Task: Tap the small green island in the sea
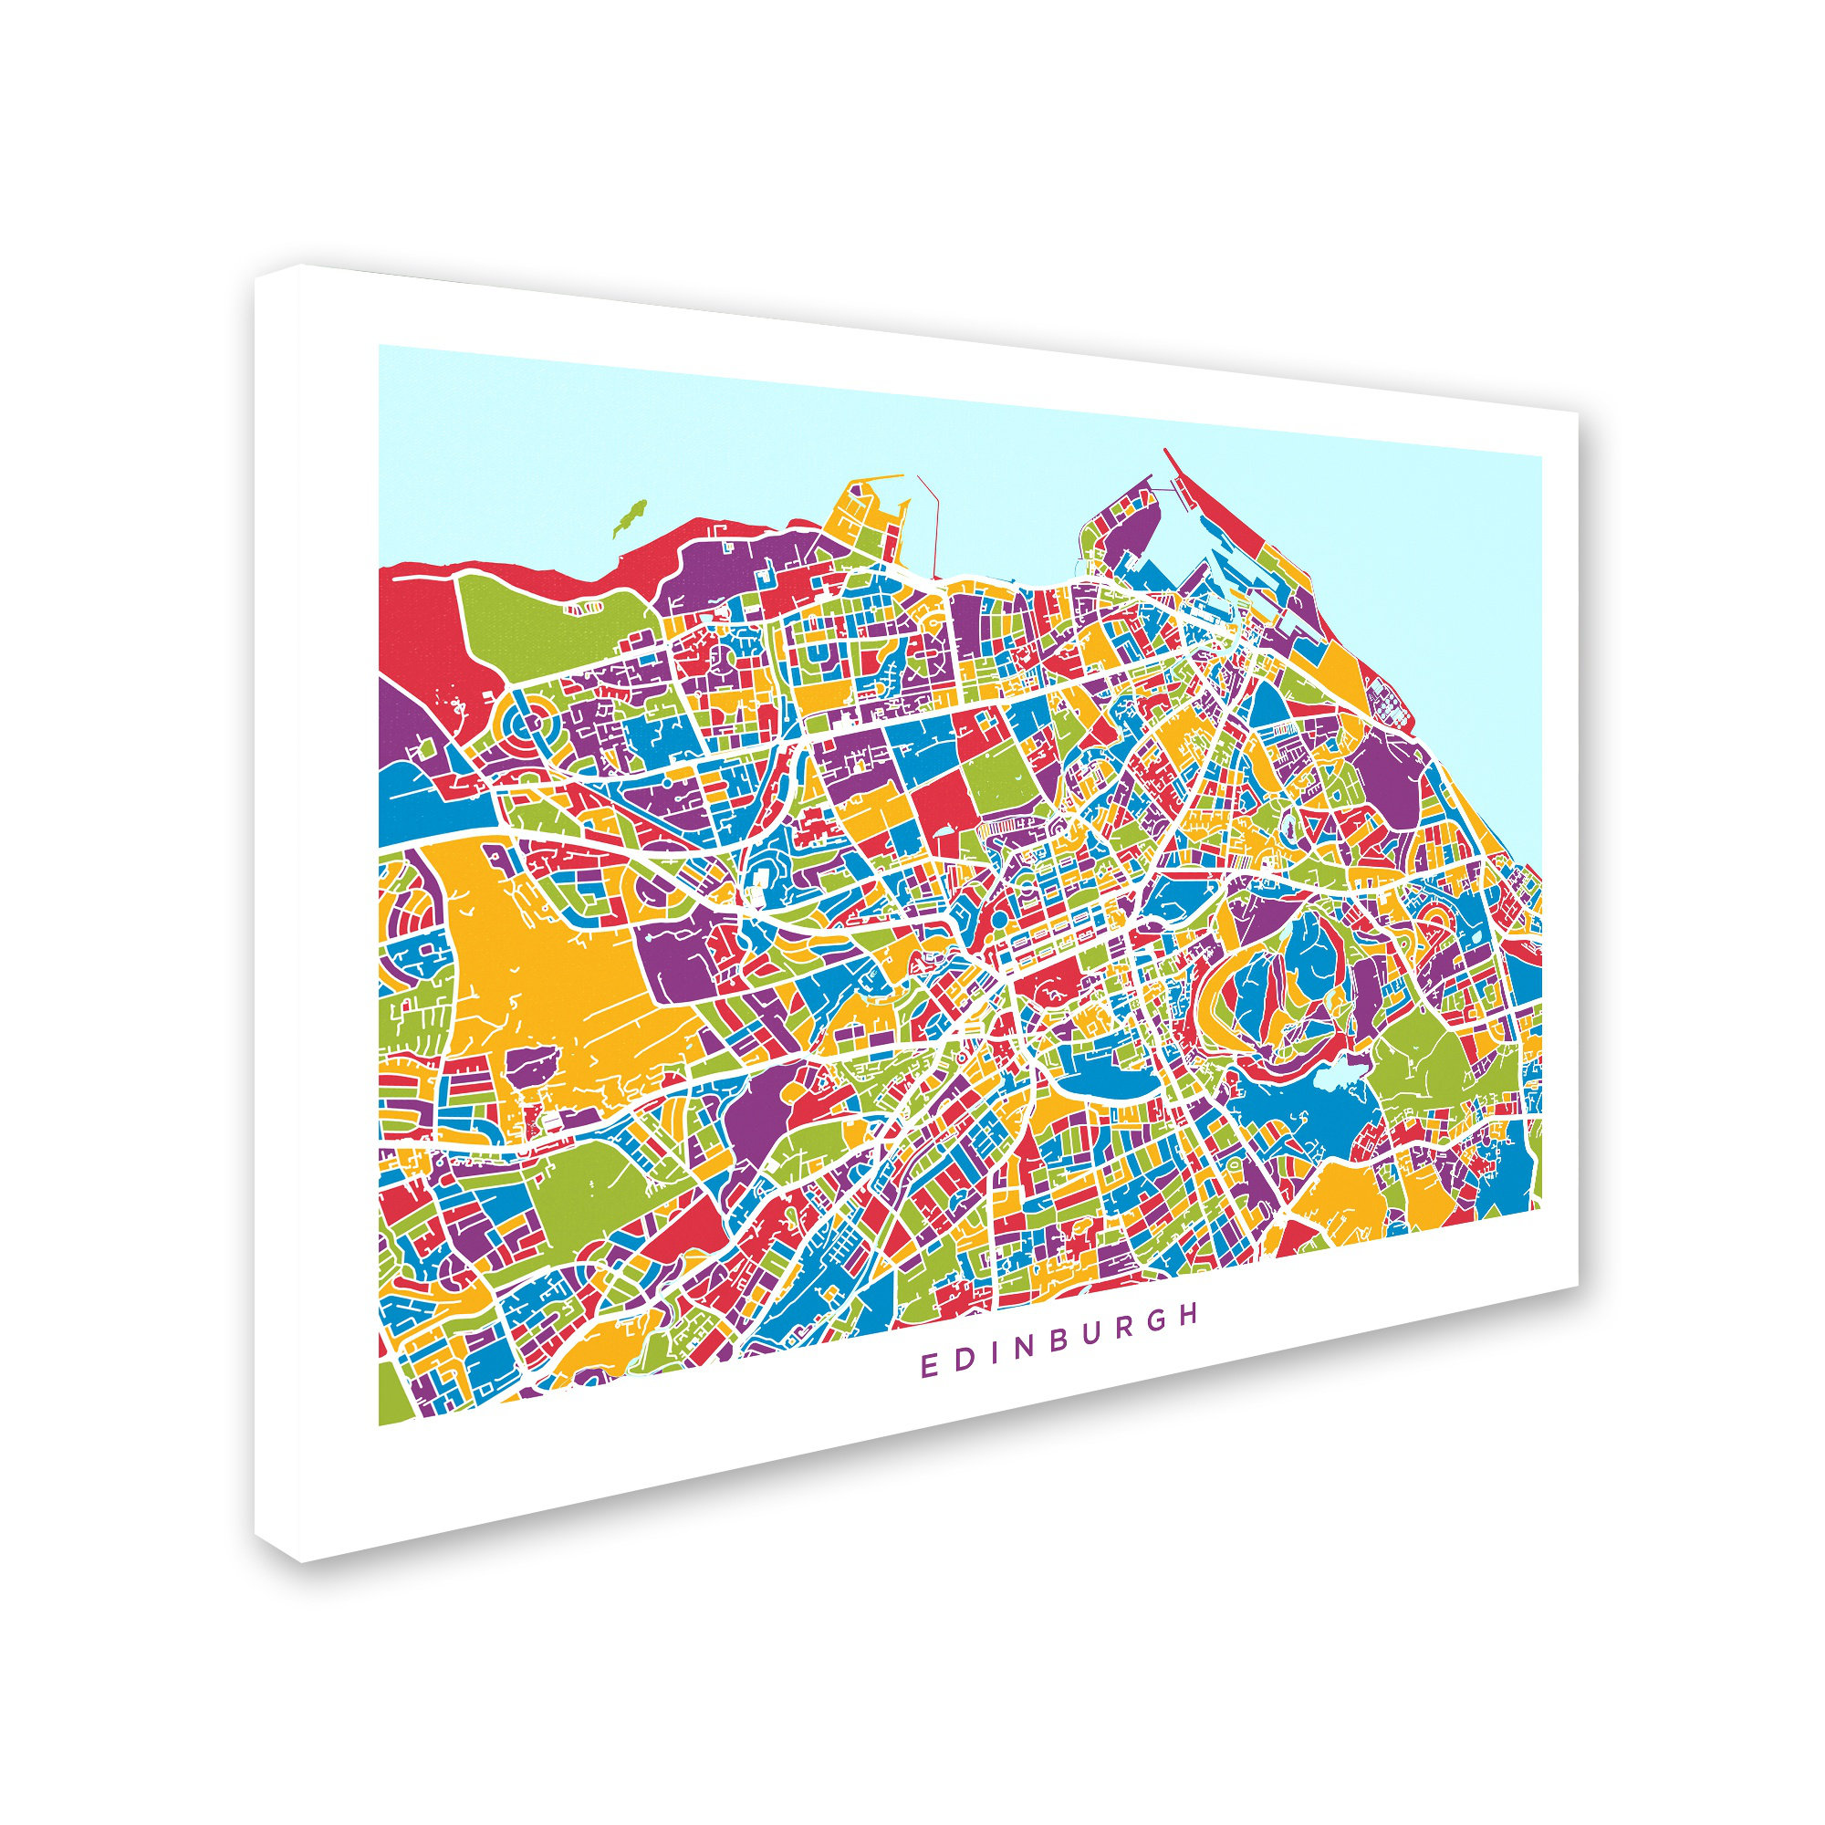624,517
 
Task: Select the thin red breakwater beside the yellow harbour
932,529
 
